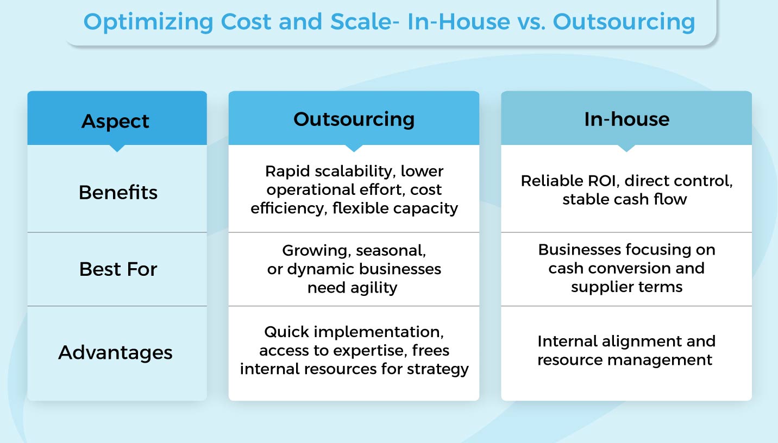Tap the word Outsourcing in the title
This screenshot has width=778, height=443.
[624, 22]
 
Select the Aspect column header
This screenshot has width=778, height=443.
[115, 121]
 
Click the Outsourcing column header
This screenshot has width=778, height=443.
[354, 119]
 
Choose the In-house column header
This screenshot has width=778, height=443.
[626, 119]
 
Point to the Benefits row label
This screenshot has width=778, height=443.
[118, 192]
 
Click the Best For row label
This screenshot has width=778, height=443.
[118, 269]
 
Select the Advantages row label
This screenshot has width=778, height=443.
[115, 353]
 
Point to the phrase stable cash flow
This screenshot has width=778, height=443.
[625, 199]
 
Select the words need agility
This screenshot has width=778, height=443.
[353, 288]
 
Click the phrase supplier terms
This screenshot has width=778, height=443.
[626, 287]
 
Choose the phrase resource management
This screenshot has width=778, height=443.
[625, 360]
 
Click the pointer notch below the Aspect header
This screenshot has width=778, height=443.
[117, 148]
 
